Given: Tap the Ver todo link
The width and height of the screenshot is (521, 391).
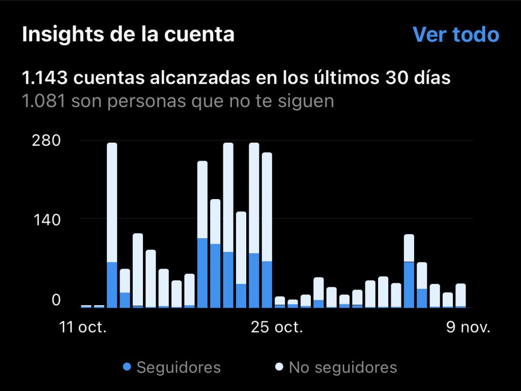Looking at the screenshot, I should pos(455,35).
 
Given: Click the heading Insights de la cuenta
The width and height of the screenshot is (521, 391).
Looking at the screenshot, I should pos(128,35).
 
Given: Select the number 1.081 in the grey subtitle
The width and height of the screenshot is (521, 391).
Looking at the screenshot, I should pos(44,101).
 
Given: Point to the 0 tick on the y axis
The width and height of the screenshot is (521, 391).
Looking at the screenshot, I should pos(55,300).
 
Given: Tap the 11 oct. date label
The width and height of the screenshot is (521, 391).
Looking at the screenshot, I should pos(83,327).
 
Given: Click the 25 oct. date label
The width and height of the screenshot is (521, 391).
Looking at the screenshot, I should pos(277,327).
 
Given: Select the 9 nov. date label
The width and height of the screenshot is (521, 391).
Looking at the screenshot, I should pos(469,327).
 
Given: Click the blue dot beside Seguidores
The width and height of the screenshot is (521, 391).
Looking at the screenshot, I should pos(127,367).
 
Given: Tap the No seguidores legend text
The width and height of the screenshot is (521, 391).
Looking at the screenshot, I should pos(343,367).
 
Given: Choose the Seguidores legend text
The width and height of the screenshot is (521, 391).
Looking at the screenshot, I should pos(179,367).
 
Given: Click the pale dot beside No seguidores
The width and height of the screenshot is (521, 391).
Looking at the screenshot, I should pos(279,367).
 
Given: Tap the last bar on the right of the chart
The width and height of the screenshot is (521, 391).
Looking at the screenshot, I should pos(460,296).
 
